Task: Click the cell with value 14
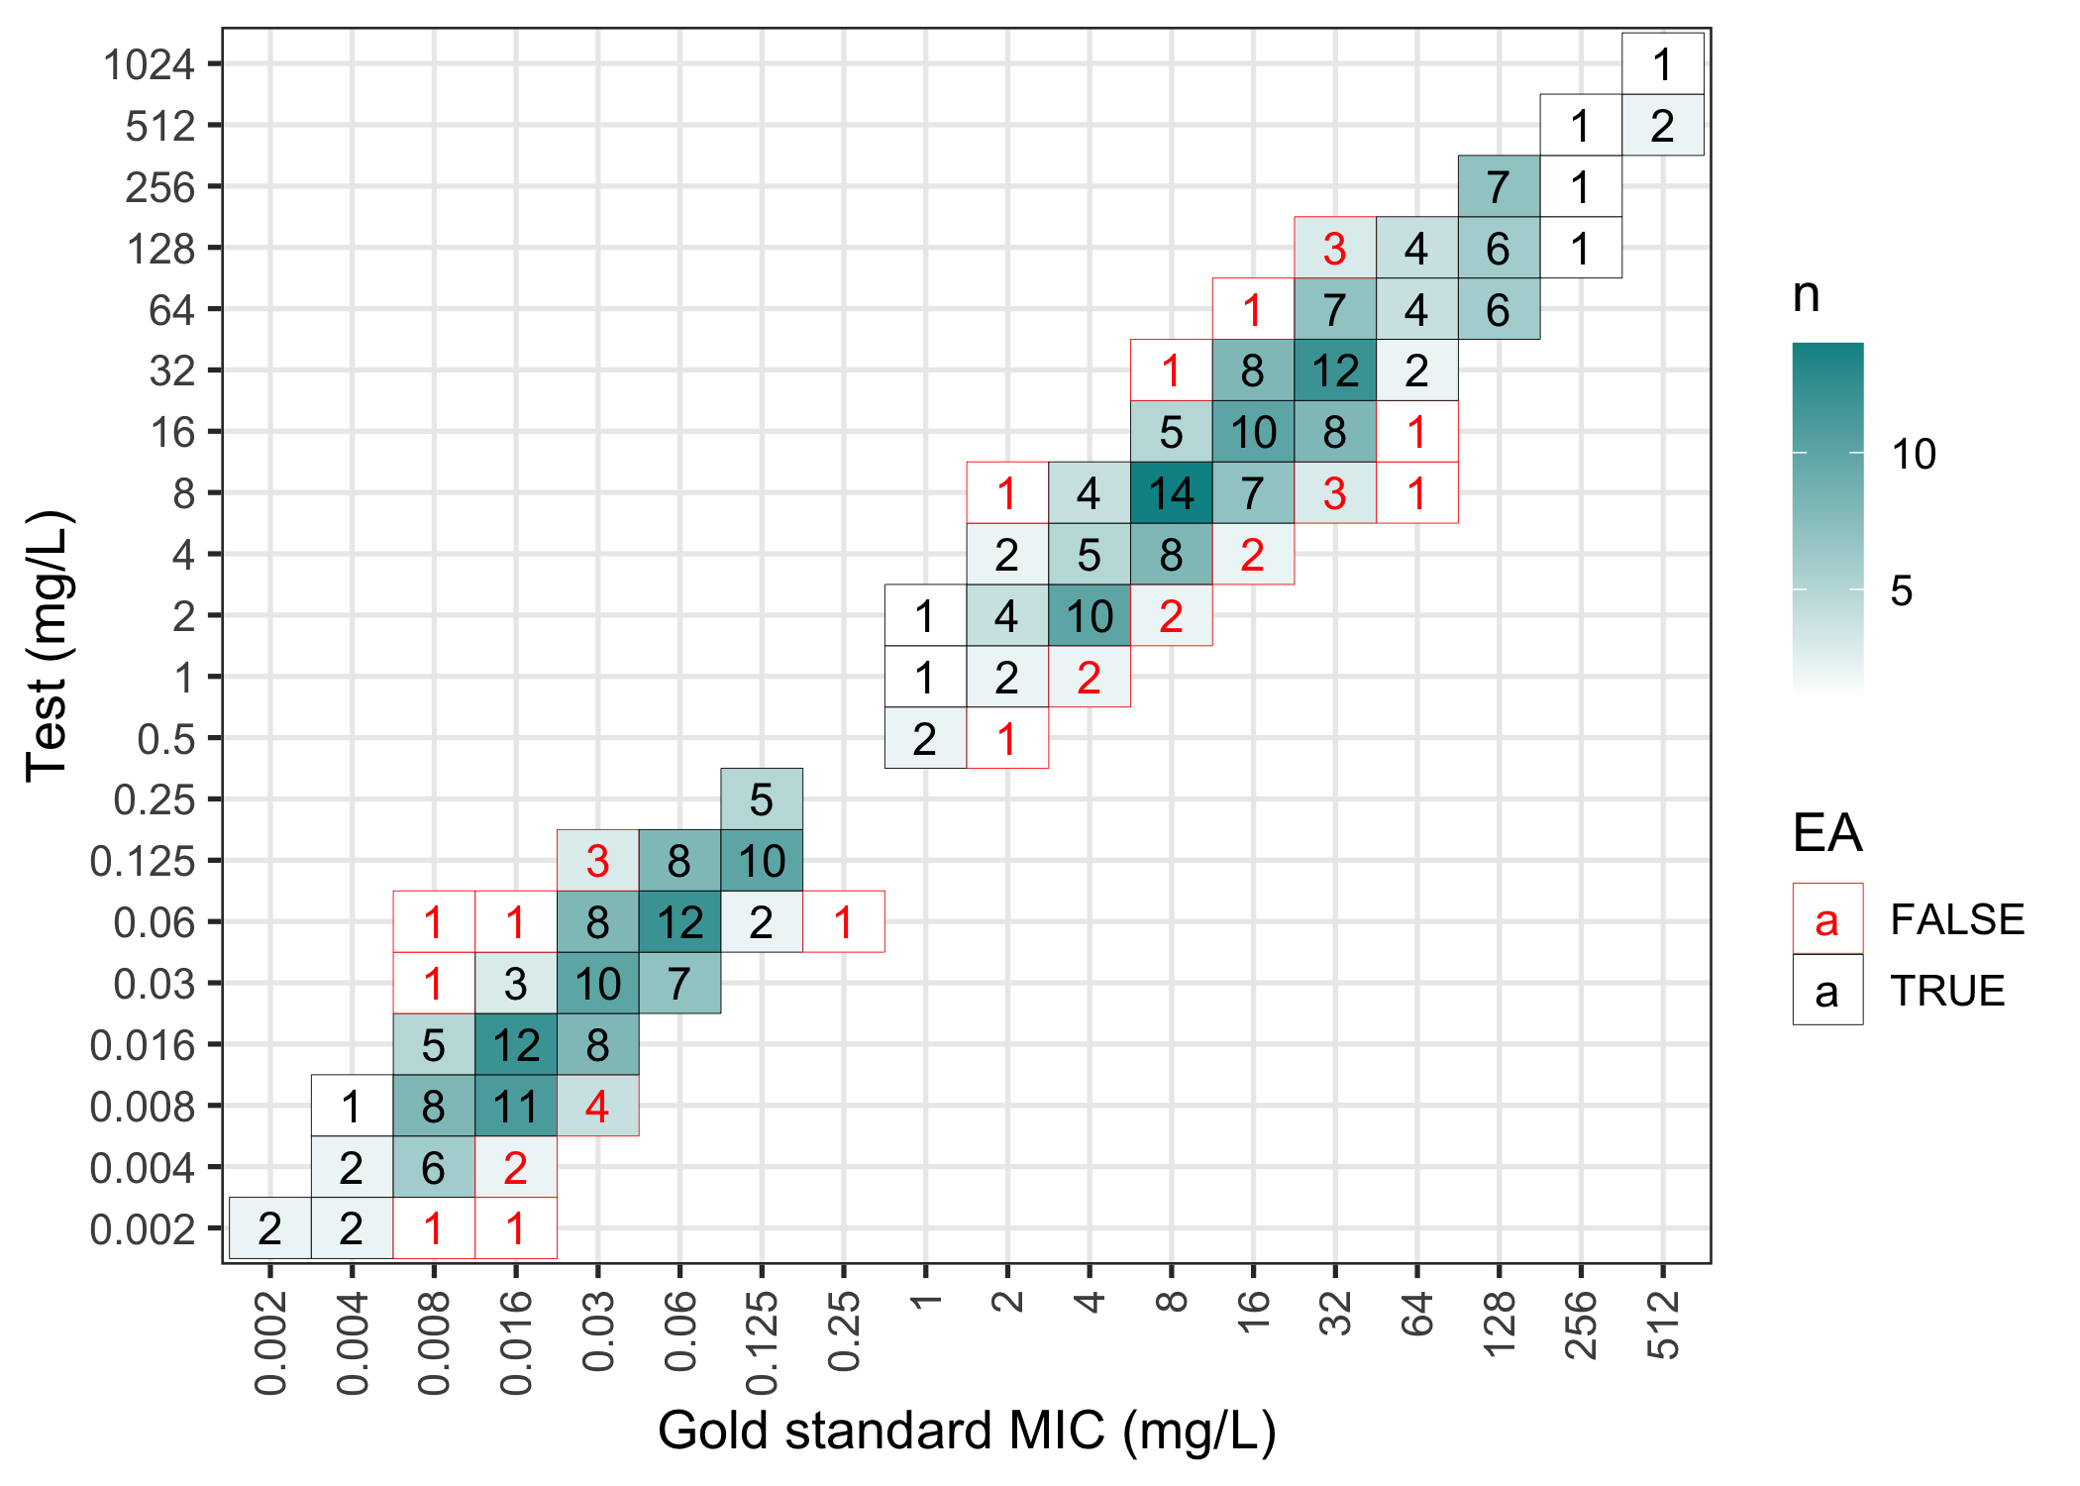tap(1171, 493)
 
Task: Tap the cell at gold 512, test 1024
tap(1662, 64)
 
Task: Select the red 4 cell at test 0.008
tap(597, 1106)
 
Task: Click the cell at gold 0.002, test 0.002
tap(269, 1228)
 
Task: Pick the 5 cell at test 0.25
tap(761, 799)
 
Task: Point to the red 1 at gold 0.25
tap(843, 922)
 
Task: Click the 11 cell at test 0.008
tap(515, 1106)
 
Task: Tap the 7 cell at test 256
tap(1499, 187)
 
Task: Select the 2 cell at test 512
tap(1662, 126)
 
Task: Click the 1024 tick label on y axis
tap(149, 65)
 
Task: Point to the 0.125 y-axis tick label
tap(143, 862)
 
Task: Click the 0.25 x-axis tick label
tap(844, 1331)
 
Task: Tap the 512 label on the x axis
tap(1663, 1324)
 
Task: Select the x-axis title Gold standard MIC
tap(967, 1432)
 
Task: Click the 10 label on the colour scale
tap(1913, 455)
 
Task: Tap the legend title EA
tap(1827, 833)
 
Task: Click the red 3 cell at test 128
tap(1334, 249)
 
